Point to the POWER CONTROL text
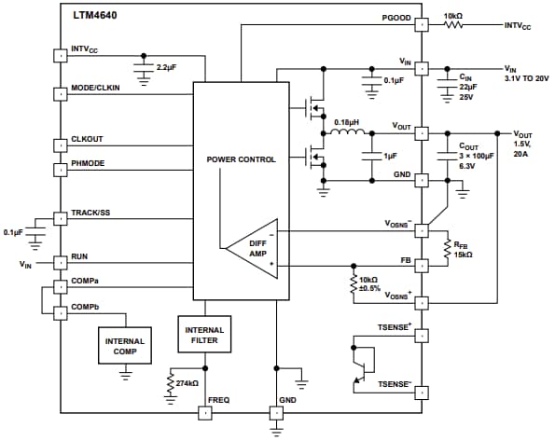241,159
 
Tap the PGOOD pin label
395,19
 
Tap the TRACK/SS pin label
91,214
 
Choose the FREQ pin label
219,401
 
